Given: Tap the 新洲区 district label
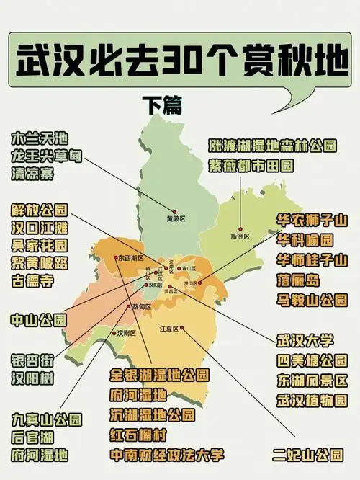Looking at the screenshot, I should tap(239, 236).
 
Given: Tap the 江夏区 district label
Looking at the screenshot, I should tap(169, 329).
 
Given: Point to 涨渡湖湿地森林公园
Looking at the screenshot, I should tap(272, 146).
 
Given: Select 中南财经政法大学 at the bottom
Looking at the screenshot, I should tap(166, 455).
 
